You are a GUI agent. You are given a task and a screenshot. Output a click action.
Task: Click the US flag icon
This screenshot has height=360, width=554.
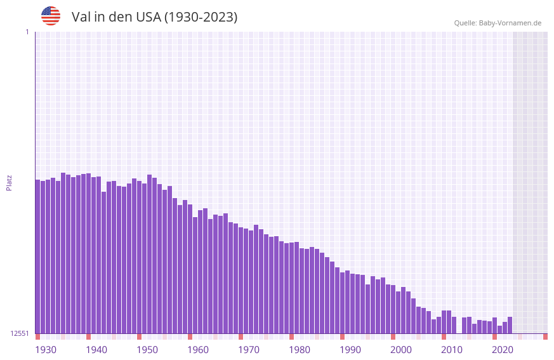pos(51,16)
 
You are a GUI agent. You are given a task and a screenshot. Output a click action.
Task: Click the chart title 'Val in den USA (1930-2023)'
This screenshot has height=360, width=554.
pos(154,17)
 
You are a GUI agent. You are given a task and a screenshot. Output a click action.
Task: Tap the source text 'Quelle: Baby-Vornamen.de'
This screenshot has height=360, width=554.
pos(498,23)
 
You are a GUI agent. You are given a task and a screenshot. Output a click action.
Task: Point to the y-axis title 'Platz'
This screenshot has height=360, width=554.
pos(9,182)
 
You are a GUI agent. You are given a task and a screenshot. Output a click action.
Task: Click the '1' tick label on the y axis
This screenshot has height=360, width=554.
pos(27,32)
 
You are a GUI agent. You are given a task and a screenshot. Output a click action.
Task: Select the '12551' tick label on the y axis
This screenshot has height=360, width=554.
pos(19,333)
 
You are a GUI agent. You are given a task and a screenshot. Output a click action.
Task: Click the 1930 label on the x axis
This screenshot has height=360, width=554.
pos(46,349)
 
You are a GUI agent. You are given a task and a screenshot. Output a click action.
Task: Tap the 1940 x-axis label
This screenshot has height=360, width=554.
pos(96,349)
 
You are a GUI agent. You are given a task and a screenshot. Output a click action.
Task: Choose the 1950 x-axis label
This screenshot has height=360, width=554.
pos(147,349)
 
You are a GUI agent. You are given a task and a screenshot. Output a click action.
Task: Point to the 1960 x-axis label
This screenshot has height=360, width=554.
pos(198,349)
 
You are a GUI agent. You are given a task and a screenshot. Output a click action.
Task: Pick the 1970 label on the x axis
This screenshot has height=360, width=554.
pos(249,349)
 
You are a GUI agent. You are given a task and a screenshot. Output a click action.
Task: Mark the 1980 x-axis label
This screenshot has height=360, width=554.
pos(300,349)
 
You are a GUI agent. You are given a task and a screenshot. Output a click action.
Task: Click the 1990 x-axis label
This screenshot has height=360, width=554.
pos(350,349)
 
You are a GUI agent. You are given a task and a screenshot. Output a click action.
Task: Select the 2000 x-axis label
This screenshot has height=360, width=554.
pos(401,349)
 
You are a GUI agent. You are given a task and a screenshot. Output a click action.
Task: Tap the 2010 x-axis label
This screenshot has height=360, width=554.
pos(452,349)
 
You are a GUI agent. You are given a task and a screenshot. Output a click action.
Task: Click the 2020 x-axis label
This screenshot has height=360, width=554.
pos(503,349)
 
